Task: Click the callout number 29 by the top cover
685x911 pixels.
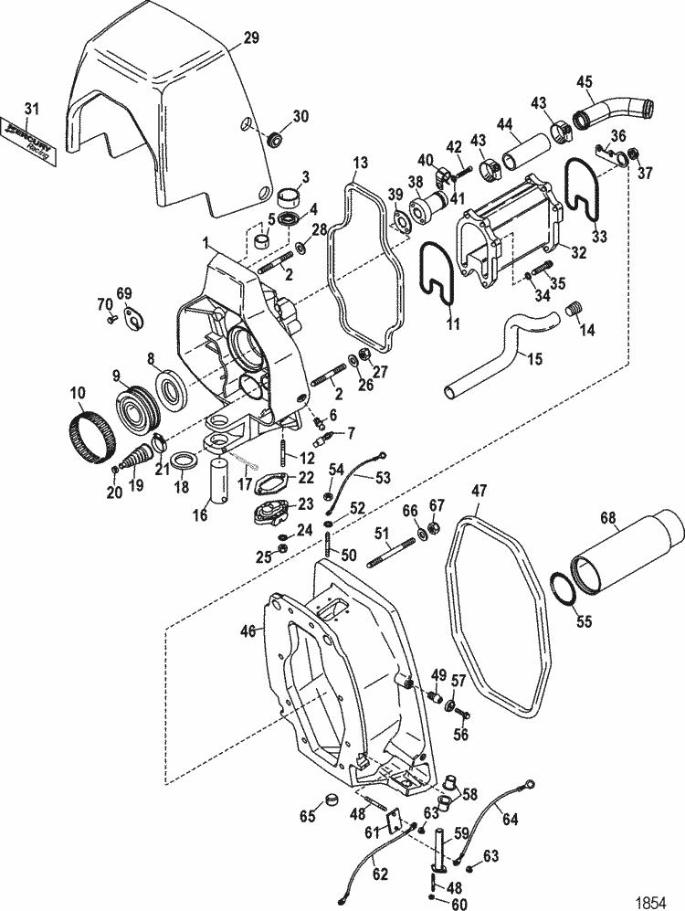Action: [x=250, y=37]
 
